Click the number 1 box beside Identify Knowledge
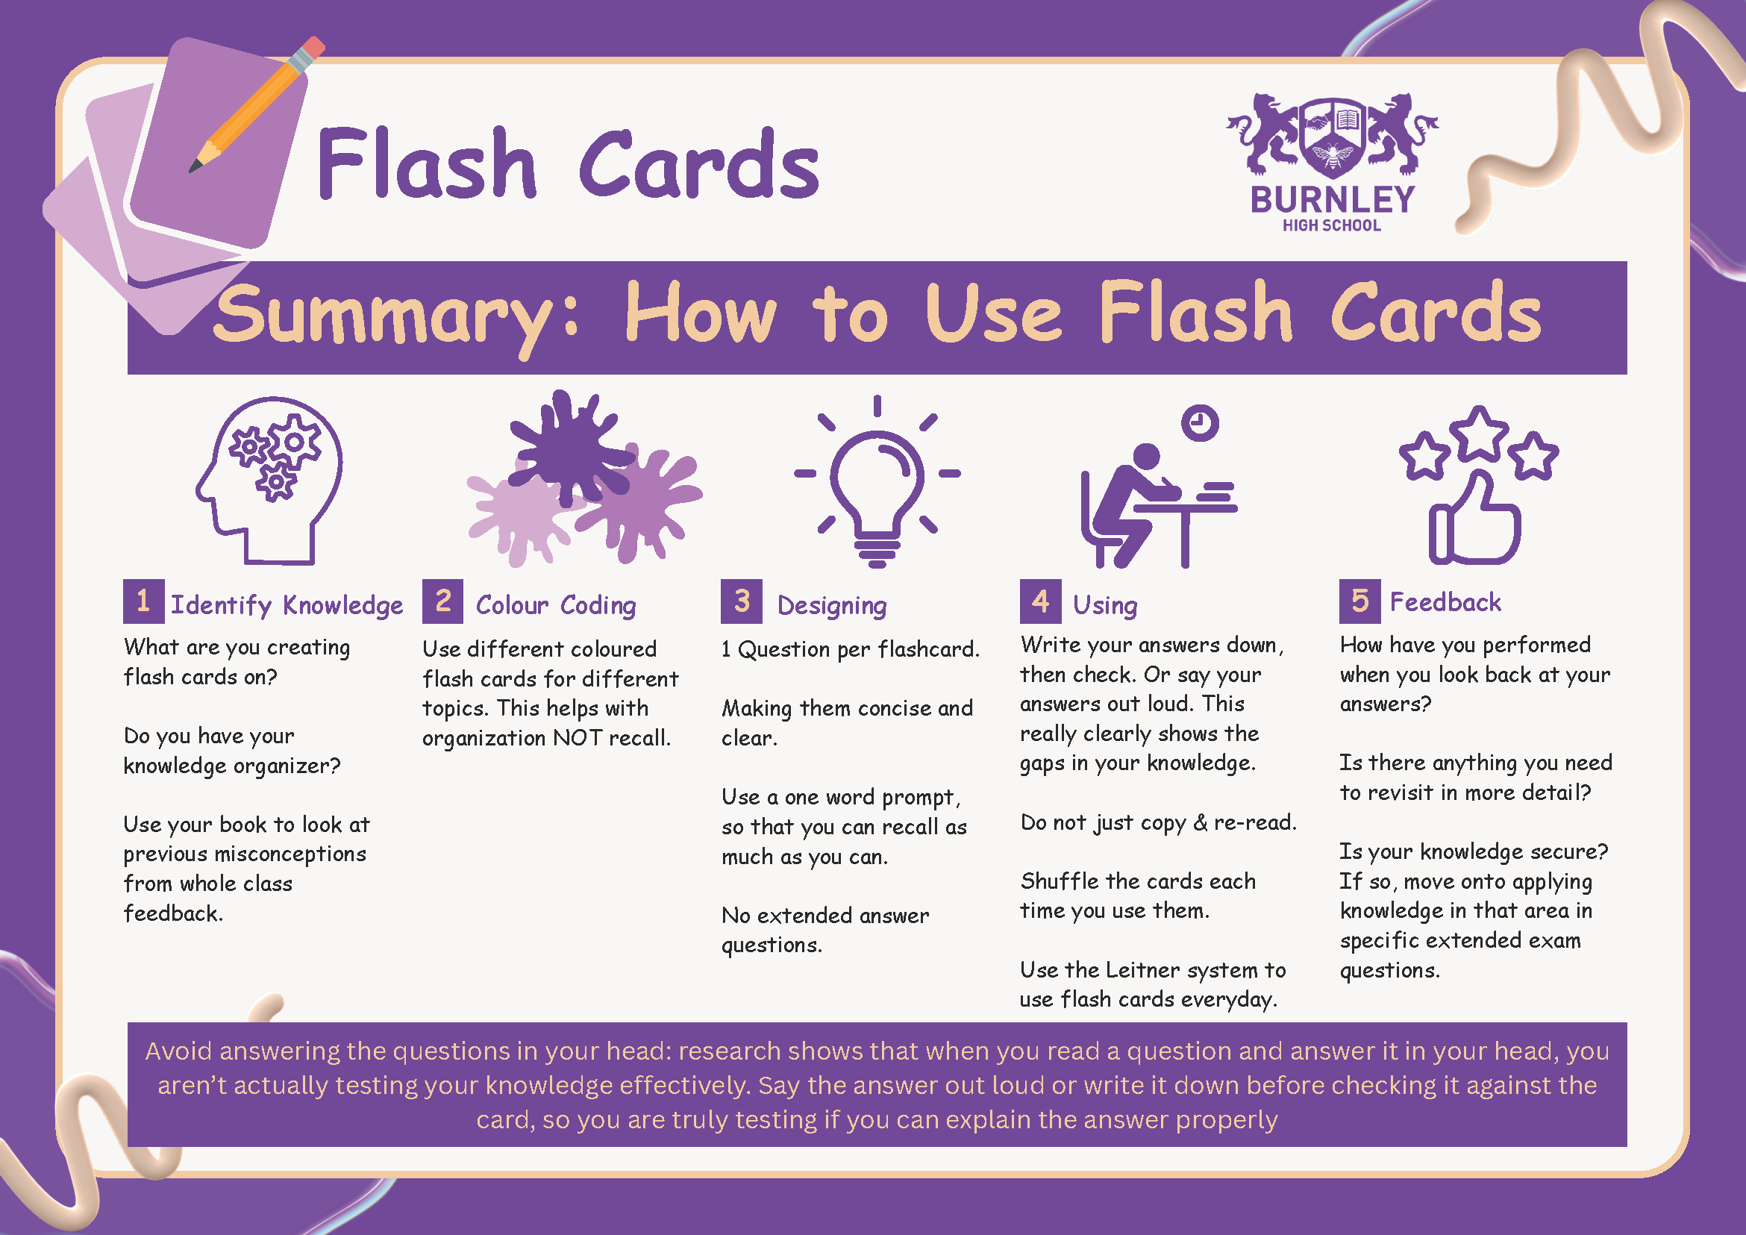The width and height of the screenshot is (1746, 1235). pos(143,601)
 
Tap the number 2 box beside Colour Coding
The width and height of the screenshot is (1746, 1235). pos(442,601)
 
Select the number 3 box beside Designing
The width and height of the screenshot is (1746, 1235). pos(742,601)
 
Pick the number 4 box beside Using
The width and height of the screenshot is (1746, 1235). pos(1040,601)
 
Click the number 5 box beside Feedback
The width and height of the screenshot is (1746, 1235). pos(1359,601)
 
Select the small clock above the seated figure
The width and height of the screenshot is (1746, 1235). pos(1200,422)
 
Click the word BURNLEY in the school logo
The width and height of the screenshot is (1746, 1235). pos(1333,200)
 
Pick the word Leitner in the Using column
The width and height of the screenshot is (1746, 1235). pos(1143,969)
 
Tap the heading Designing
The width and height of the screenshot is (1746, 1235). pos(832,605)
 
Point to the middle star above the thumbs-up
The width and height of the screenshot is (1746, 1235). pos(1478,434)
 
